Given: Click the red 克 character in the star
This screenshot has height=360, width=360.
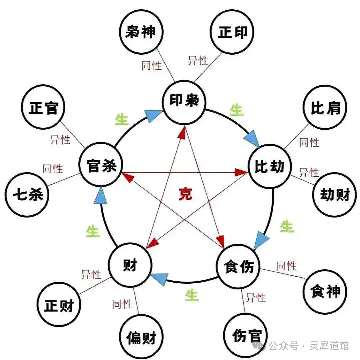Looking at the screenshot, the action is [x=186, y=194].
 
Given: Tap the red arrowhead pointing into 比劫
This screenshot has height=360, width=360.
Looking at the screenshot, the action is [x=241, y=172].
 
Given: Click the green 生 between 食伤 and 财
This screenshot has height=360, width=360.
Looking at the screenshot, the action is [x=191, y=295].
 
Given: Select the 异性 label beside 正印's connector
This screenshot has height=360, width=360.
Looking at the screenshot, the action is [x=198, y=61].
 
